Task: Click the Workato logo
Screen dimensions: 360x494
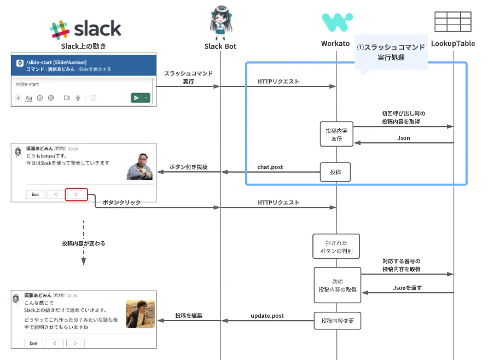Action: pyautogui.click(x=336, y=22)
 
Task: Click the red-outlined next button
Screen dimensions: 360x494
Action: pyautogui.click(x=77, y=194)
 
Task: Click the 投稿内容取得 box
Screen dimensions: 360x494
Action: pyautogui.click(x=336, y=135)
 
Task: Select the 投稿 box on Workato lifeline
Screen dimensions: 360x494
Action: pyautogui.click(x=335, y=172)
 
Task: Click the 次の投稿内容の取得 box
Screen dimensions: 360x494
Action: pyautogui.click(x=337, y=285)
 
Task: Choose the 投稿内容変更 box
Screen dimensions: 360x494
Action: pyautogui.click(x=337, y=321)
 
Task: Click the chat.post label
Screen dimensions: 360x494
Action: pyautogui.click(x=270, y=167)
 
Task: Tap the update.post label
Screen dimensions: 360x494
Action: pyautogui.click(x=267, y=316)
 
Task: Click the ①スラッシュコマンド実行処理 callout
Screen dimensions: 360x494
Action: pyautogui.click(x=391, y=52)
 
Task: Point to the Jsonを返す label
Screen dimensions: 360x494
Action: pyautogui.click(x=407, y=287)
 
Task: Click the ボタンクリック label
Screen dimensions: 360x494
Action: pyautogui.click(x=123, y=202)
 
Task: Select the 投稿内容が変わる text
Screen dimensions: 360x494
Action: pyautogui.click(x=84, y=243)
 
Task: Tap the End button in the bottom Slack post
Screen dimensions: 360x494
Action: pyautogui.click(x=33, y=343)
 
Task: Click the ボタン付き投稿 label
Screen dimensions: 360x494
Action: pyautogui.click(x=188, y=167)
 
